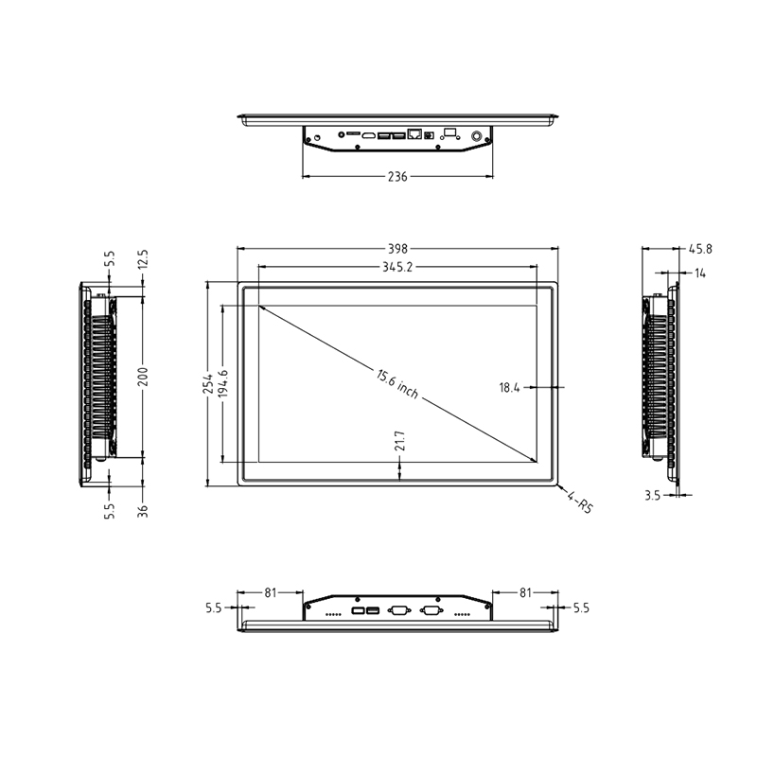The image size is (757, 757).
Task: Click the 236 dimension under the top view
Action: coord(397,177)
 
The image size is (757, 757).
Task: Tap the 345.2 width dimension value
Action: coord(397,268)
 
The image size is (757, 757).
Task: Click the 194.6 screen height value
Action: coord(223,385)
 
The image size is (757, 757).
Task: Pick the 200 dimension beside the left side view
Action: coord(143,377)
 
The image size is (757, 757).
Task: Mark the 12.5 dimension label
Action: coord(143,259)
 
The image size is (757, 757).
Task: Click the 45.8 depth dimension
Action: coord(700,249)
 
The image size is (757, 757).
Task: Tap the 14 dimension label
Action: coord(700,273)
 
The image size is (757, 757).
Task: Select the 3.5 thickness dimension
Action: coord(652,494)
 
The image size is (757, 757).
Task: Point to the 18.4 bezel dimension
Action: coord(510,387)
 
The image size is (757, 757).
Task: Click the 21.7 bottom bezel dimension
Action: coord(400,442)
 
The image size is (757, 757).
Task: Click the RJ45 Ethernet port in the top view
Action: coord(414,135)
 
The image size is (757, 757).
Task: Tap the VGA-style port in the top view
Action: coord(450,134)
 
